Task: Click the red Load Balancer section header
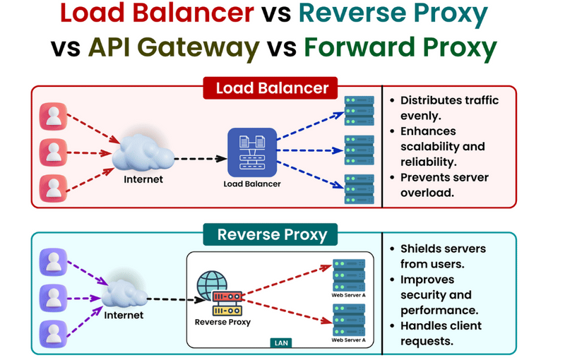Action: (x=272, y=89)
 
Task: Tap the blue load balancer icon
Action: (x=251, y=152)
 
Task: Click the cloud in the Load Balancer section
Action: (x=143, y=152)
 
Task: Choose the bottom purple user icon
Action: (x=54, y=331)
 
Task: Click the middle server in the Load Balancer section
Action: (x=359, y=150)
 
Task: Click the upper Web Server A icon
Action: (x=348, y=274)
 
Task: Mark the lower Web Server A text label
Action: (x=348, y=340)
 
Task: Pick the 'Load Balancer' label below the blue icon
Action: (x=251, y=184)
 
